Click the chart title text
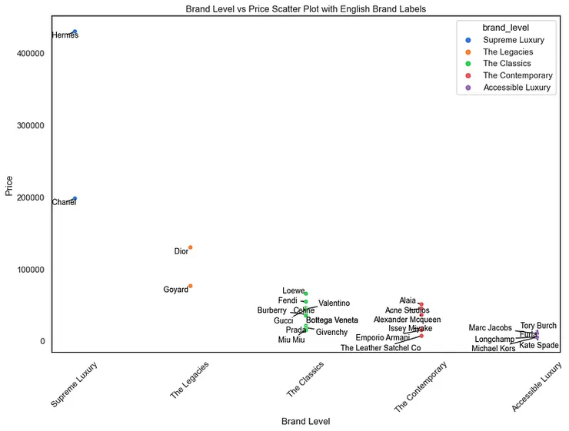pyautogui.click(x=305, y=8)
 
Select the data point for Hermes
pyautogui.click(x=75, y=31)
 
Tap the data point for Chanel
pyautogui.click(x=75, y=198)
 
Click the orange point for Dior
pyautogui.click(x=190, y=247)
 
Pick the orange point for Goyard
pyautogui.click(x=190, y=286)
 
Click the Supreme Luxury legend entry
pyautogui.click(x=513, y=40)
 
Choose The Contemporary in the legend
pyautogui.click(x=517, y=75)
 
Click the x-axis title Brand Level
pyautogui.click(x=305, y=421)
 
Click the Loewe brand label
pyautogui.click(x=293, y=290)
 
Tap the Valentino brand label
pyautogui.click(x=334, y=303)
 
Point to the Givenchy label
pyautogui.click(x=331, y=333)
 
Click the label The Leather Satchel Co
pyautogui.click(x=381, y=348)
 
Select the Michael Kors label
pyautogui.click(x=493, y=349)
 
